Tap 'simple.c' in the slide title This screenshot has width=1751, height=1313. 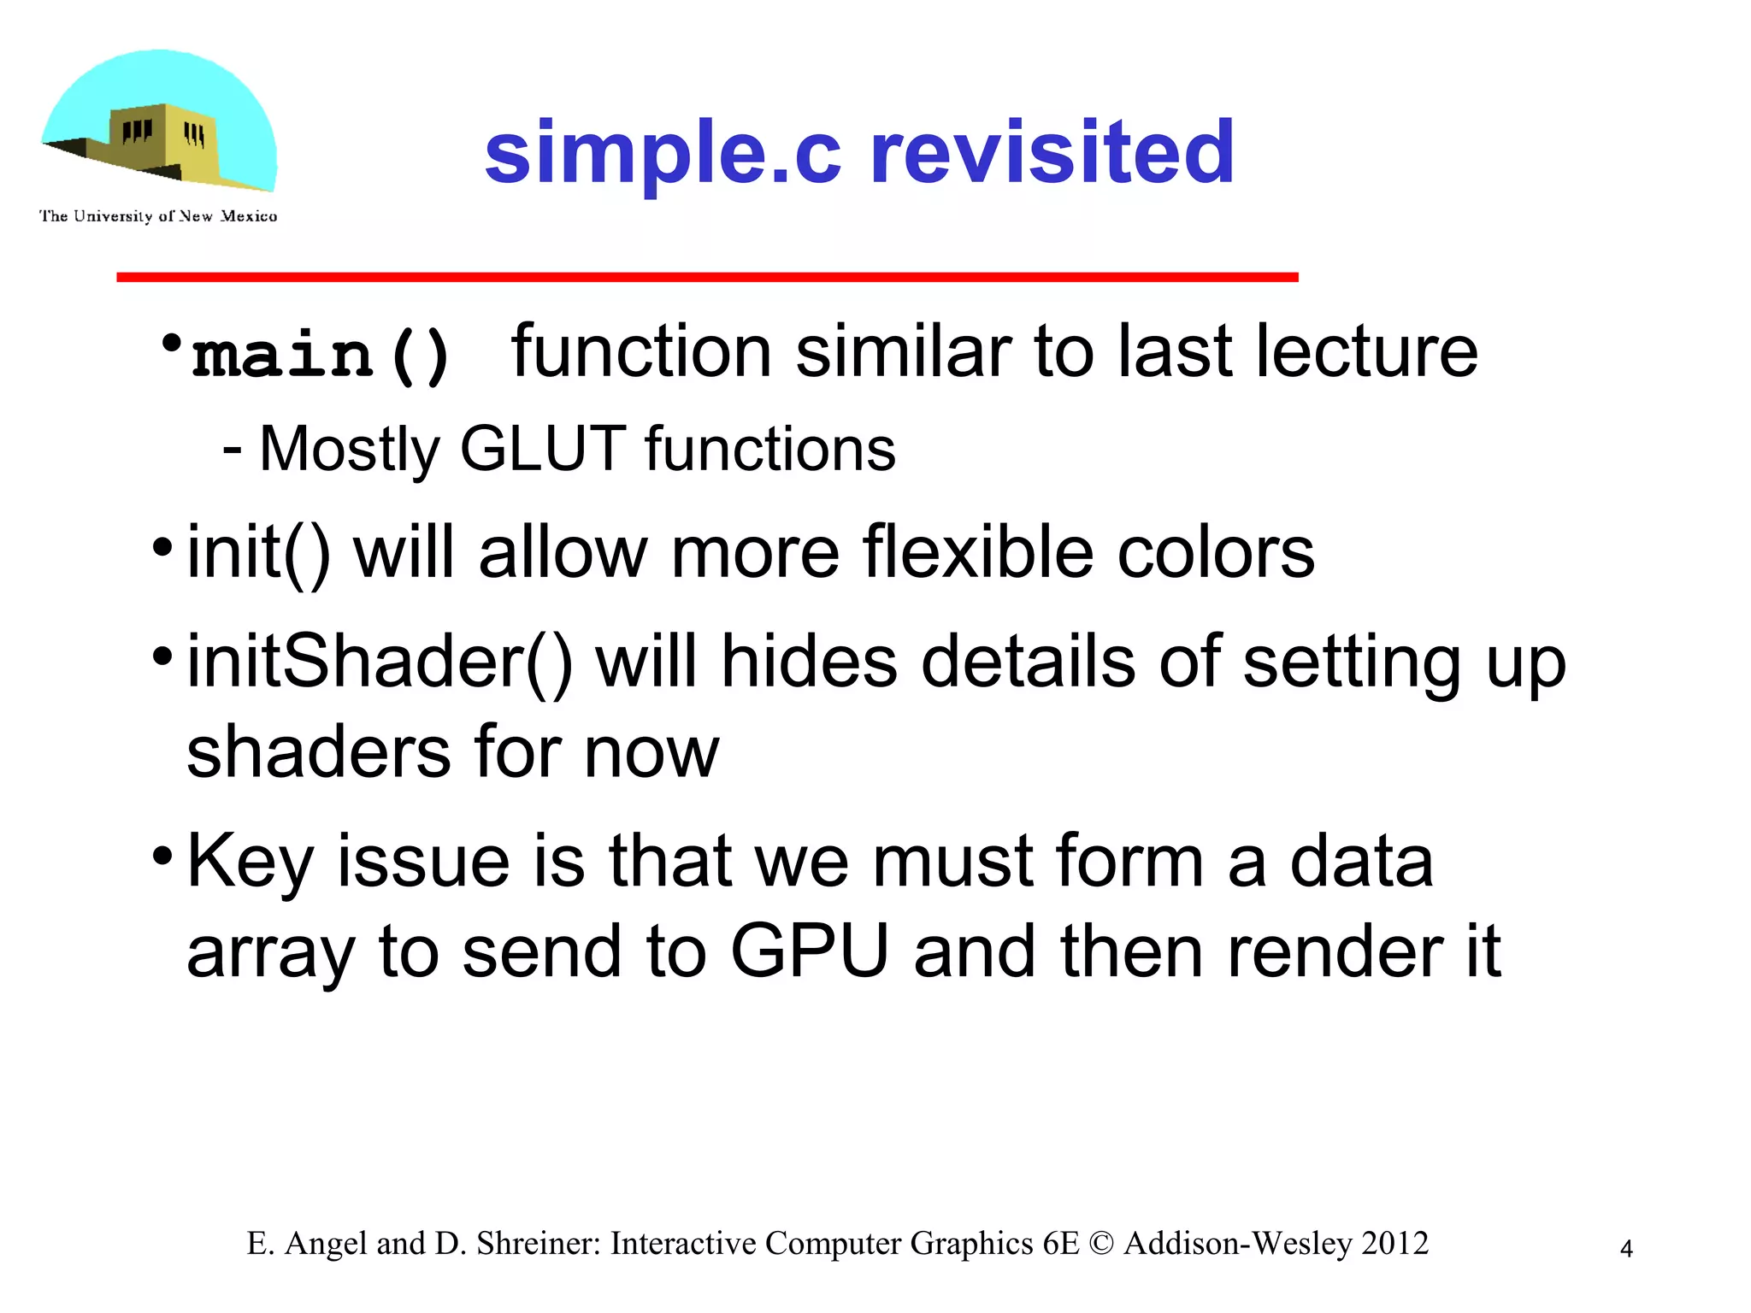pos(663,154)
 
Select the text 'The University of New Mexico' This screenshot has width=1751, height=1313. pos(158,216)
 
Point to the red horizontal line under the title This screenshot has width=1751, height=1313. pos(707,277)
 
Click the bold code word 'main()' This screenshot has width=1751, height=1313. pos(321,355)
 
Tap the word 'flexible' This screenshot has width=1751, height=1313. pos(978,552)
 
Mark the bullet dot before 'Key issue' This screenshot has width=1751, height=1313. pos(162,855)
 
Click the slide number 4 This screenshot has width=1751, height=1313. pos(1626,1249)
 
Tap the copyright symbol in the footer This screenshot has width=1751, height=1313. pos(1101,1244)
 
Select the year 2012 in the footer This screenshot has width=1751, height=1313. pos(1394,1243)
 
